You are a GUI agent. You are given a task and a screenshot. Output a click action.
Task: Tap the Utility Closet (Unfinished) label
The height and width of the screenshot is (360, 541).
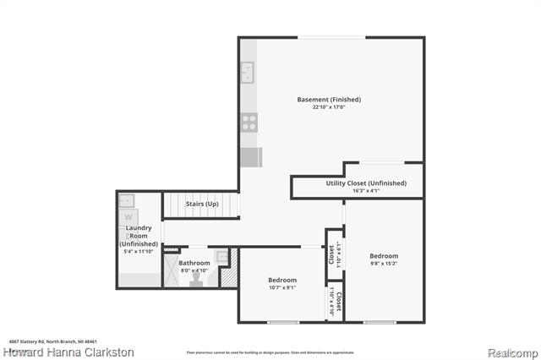pos(366,183)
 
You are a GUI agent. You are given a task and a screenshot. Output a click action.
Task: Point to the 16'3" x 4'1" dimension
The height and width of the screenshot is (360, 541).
pos(365,191)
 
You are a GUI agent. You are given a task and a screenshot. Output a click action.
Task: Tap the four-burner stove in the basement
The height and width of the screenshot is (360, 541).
pos(250,122)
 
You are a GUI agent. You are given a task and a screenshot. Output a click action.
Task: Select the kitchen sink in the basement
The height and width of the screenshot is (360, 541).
pos(249,74)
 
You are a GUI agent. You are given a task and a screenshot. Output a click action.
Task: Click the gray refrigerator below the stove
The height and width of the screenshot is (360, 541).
pos(251,157)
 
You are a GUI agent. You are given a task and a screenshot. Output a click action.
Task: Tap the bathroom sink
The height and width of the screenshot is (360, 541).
pos(222,256)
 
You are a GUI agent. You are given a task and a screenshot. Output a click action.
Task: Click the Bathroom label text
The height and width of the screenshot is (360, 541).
pos(194,263)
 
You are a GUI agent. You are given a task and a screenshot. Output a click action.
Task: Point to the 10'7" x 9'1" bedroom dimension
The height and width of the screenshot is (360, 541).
pos(282,288)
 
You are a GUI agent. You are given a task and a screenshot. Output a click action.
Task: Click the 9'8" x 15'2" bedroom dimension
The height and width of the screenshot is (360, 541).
pos(384,265)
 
